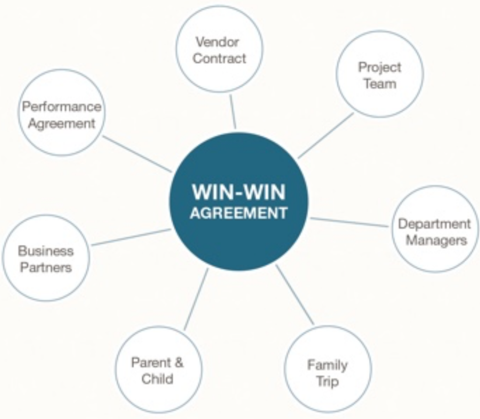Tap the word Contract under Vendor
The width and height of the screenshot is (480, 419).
tap(219, 59)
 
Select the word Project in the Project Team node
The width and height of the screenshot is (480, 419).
tap(380, 67)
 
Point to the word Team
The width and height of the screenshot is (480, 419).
tap(380, 84)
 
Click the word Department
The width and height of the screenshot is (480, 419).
tap(434, 224)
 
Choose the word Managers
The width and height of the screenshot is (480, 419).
tap(436, 241)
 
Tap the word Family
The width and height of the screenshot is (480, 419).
tap(327, 365)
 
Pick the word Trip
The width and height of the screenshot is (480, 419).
tap(327, 382)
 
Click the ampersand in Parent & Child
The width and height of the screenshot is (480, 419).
tap(179, 362)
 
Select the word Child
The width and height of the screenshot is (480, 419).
tap(157, 379)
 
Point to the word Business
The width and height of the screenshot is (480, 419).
tap(46, 251)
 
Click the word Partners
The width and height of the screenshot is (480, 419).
tap(46, 268)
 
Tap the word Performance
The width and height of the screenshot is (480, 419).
tap(61, 107)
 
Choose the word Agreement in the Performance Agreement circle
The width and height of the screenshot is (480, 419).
tap(61, 124)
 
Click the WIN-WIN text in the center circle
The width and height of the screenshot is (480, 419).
tap(239, 192)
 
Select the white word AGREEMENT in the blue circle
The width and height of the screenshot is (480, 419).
tap(239, 213)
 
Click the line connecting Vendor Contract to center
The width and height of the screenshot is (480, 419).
tap(233, 111)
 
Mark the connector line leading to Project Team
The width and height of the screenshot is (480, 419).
tap(326, 135)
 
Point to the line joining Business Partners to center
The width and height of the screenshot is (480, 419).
tap(131, 237)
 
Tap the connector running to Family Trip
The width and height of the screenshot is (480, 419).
tap(295, 294)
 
